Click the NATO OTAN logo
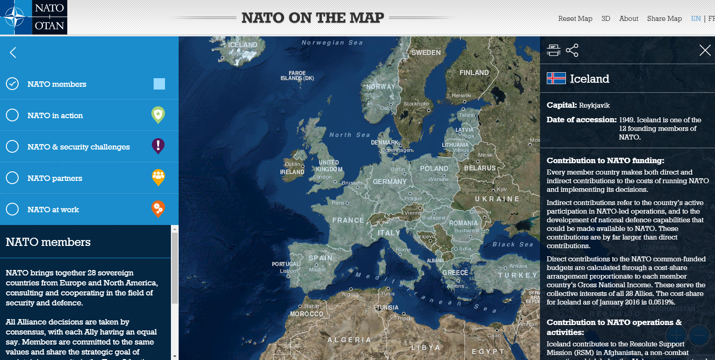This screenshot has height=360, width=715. point(34,17)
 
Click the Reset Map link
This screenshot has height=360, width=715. point(575,19)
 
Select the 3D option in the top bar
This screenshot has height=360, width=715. point(605,19)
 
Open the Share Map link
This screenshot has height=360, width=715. point(664,19)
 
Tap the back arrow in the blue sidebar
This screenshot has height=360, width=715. point(13,53)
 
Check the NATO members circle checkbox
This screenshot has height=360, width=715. point(12,84)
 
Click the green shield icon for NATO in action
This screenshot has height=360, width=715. point(158,115)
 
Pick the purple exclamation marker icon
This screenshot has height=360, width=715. point(158,146)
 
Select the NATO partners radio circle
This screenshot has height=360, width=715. point(12,178)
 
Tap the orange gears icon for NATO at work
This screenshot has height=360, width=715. point(158,209)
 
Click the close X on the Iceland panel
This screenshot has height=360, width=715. point(705,50)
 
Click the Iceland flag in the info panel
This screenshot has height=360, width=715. point(556,78)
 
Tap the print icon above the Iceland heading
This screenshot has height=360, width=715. point(553,50)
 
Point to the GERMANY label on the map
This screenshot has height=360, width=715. point(390,182)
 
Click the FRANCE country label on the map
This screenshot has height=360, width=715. point(348,220)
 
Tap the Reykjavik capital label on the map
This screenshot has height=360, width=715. point(240,54)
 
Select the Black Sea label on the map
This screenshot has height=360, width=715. point(513,245)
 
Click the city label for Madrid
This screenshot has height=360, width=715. point(317,270)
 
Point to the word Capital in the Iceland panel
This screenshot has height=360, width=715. point(561,105)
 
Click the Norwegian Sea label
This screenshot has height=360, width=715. point(332,43)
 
